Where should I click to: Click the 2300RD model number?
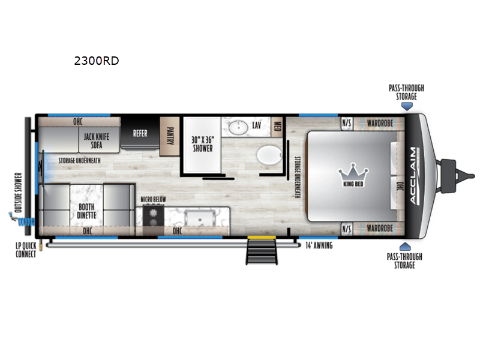pyautogui.click(x=97, y=61)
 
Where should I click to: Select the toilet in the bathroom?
pyautogui.click(x=269, y=155)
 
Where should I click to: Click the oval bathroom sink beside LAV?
pyautogui.click(x=238, y=127)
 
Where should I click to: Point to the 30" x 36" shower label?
pyautogui.click(x=202, y=144)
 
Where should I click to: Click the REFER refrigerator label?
pyautogui.click(x=140, y=133)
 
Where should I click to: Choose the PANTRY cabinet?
pyautogui.click(x=170, y=136)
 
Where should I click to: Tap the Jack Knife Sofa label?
pyautogui.click(x=97, y=141)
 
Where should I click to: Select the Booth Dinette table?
pyautogui.click(x=86, y=205)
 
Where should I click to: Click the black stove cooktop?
pyautogui.click(x=154, y=216)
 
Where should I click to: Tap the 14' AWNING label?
pyautogui.click(x=319, y=245)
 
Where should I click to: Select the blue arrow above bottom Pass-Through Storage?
pyautogui.click(x=404, y=247)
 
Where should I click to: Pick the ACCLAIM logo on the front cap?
pyautogui.click(x=413, y=176)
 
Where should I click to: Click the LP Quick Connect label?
pyautogui.click(x=26, y=250)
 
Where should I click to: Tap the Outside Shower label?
pyautogui.click(x=19, y=193)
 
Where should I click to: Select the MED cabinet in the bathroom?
pyautogui.click(x=277, y=127)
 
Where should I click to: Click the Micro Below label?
pyautogui.click(x=153, y=200)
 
